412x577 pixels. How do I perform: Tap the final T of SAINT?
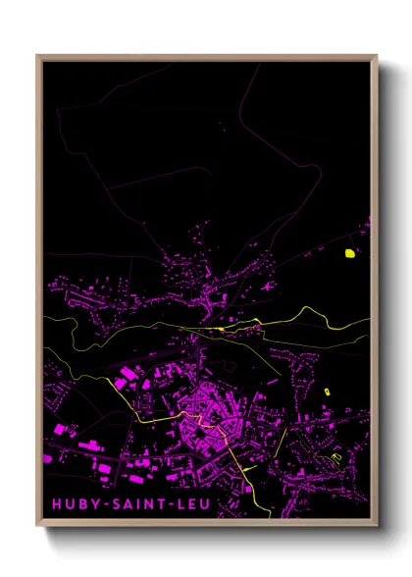click(x=168, y=503)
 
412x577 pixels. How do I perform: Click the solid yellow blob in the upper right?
click(x=348, y=253)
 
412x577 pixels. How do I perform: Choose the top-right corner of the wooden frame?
click(x=377, y=56)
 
